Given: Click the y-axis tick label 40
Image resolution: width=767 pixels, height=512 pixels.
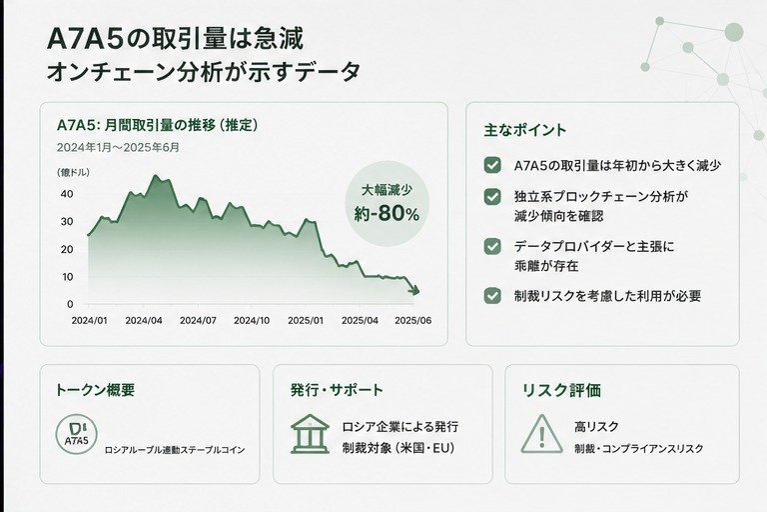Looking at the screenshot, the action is pyautogui.click(x=67, y=194).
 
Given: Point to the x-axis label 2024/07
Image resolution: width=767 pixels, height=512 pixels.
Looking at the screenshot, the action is pyautogui.click(x=198, y=320).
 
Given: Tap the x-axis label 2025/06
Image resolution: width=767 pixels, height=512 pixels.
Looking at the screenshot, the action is pyautogui.click(x=413, y=320).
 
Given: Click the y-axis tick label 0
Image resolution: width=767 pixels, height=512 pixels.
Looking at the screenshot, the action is pyautogui.click(x=70, y=304).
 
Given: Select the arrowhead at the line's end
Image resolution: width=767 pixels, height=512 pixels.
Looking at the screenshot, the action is pyautogui.click(x=414, y=291).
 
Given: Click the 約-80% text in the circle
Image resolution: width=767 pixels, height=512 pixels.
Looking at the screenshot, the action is pyautogui.click(x=386, y=214).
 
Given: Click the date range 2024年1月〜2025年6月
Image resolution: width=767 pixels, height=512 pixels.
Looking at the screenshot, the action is pyautogui.click(x=118, y=147).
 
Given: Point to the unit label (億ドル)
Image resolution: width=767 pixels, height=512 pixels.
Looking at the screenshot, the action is pyautogui.click(x=73, y=172).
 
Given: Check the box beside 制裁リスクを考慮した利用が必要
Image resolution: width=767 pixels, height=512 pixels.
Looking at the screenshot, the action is pyautogui.click(x=492, y=296).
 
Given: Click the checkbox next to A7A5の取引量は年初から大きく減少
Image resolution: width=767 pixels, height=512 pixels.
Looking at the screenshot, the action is pyautogui.click(x=492, y=166).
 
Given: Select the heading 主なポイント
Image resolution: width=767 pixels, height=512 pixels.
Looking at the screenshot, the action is pyautogui.click(x=525, y=130).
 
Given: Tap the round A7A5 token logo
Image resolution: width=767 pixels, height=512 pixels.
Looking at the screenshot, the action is pyautogui.click(x=76, y=435).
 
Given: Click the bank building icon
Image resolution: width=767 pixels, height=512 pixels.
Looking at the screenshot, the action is pyautogui.click(x=310, y=434).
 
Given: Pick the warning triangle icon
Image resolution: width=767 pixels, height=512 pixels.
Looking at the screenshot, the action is pyautogui.click(x=542, y=434).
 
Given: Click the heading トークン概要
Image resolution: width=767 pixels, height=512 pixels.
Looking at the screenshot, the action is pyautogui.click(x=95, y=390).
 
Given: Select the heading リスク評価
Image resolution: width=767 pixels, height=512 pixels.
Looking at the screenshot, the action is pyautogui.click(x=561, y=390).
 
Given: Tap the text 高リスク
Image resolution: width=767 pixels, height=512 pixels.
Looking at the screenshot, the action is pyautogui.click(x=597, y=427).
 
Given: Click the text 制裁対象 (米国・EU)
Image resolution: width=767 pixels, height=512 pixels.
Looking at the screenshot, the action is pyautogui.click(x=398, y=448).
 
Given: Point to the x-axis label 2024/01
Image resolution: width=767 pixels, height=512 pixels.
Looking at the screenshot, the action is pyautogui.click(x=90, y=320).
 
